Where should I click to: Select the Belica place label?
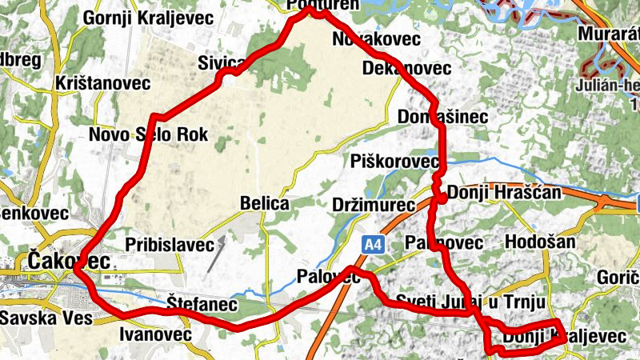[264, 204]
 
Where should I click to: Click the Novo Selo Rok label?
[148, 135]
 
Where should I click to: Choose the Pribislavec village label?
[170, 244]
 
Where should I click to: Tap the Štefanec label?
[202, 305]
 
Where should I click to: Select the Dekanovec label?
[406, 68]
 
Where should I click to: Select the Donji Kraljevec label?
[564, 338]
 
